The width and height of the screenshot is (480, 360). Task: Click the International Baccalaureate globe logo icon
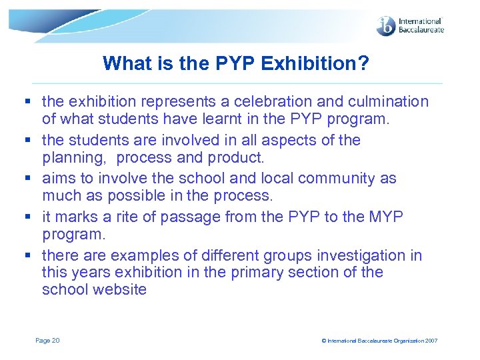pos(386,26)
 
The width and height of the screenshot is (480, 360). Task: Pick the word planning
pos(71,158)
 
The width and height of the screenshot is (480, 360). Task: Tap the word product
pos(237,158)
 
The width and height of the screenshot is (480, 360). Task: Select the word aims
pos(58,179)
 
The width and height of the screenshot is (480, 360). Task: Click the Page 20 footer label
pos(47,341)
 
